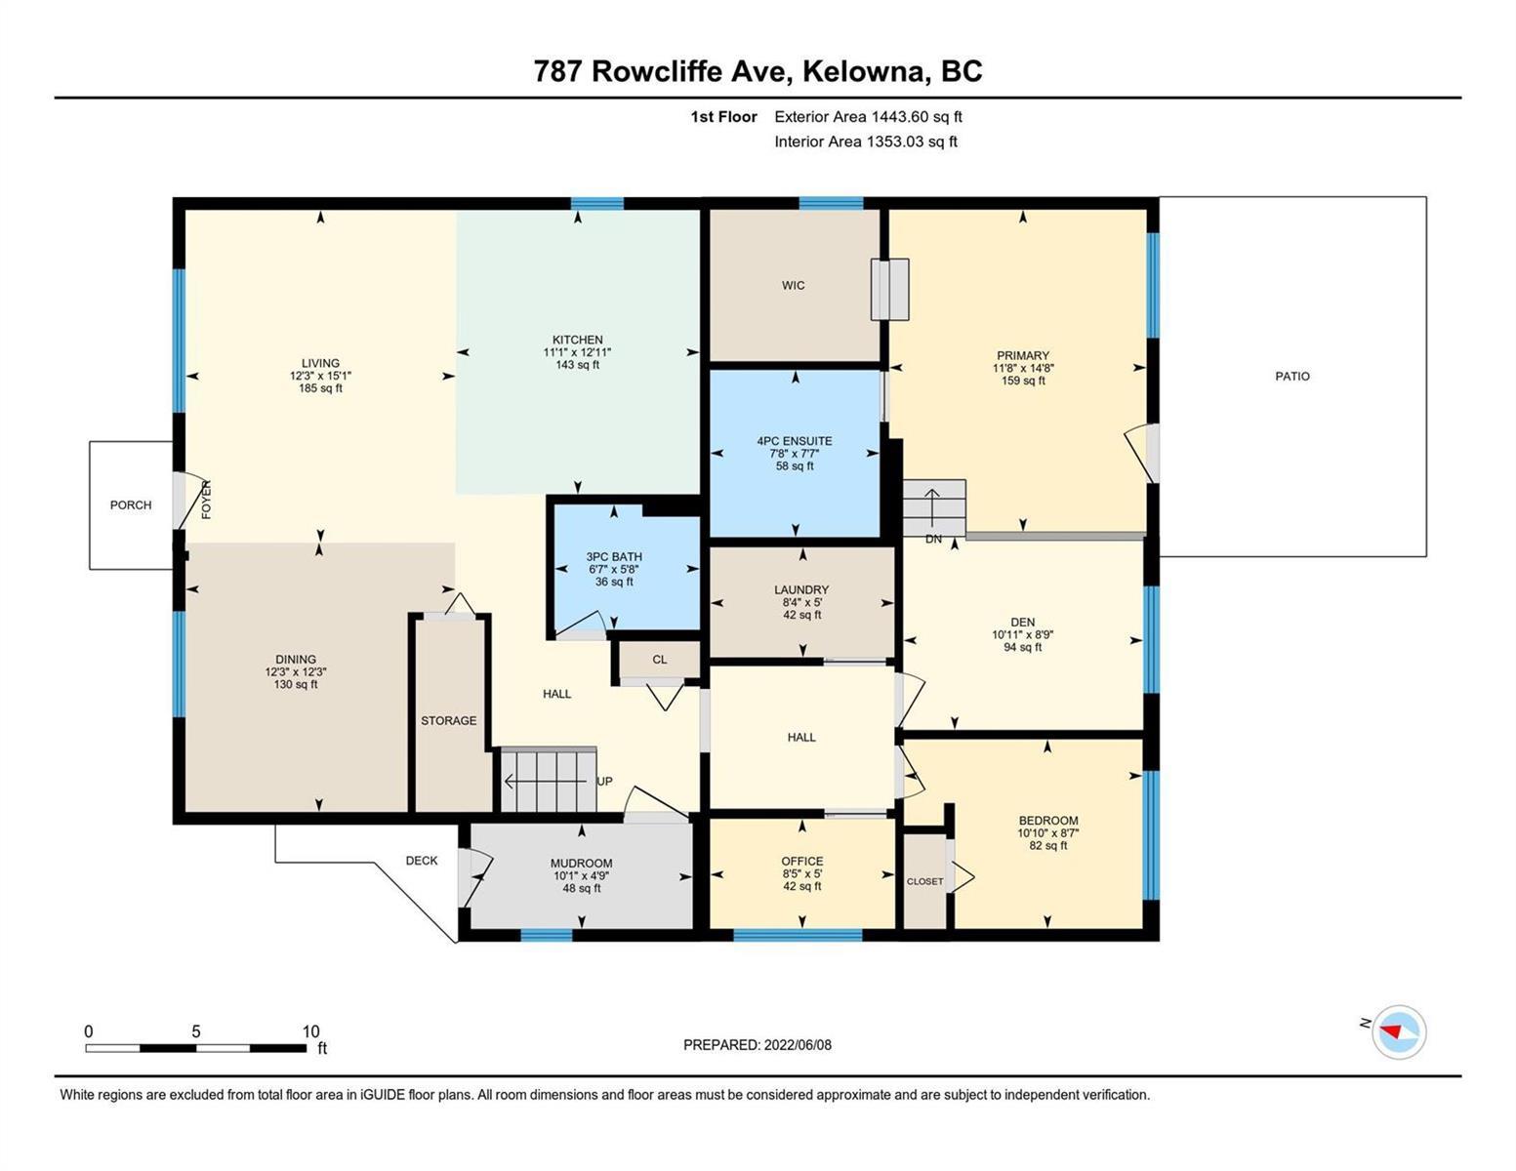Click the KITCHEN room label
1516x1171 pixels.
tap(577, 340)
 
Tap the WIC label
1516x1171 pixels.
tap(794, 285)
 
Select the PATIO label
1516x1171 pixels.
tap(1292, 376)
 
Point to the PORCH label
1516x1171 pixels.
tap(131, 505)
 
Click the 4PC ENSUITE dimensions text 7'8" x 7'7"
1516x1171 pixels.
tap(795, 454)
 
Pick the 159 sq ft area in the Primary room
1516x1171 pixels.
tap(1023, 381)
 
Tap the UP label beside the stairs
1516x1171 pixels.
tap(604, 781)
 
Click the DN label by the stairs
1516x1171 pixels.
tap(933, 539)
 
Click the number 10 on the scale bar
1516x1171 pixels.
tap(310, 1030)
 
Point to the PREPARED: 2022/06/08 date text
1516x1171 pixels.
tap(757, 1045)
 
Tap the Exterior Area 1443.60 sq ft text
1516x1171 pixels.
tap(868, 116)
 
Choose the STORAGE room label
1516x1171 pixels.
tap(449, 720)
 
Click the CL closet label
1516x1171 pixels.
tap(659, 659)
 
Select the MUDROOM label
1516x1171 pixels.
tap(581, 863)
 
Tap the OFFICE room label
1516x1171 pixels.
tap(802, 862)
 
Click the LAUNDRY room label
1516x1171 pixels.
tap(801, 589)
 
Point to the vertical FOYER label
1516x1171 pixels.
tap(207, 500)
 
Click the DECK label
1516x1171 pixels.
tap(422, 861)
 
